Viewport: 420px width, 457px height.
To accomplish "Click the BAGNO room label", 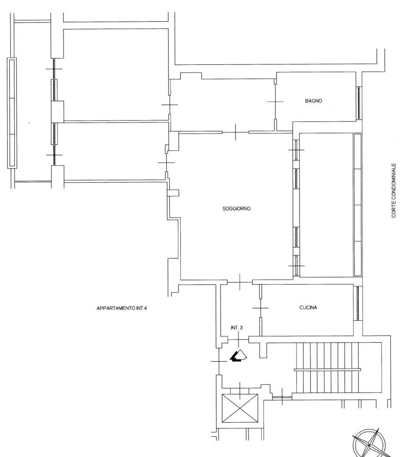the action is coord(313,101).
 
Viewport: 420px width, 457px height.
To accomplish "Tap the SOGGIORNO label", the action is coord(236,208).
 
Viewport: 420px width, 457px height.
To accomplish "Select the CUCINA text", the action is coord(308,307).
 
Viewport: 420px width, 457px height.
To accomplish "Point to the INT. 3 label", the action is coord(237,328).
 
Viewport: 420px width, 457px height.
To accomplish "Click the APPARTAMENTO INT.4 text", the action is coord(121,308).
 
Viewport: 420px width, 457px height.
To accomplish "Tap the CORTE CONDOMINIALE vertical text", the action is coord(394,190).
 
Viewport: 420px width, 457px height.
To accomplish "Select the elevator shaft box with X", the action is coord(240,408).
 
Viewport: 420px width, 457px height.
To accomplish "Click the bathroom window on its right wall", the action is coord(359,103).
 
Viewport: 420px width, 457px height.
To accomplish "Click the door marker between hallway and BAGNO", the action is coord(275,102).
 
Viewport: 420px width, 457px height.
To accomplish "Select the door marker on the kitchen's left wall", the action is coord(260,308).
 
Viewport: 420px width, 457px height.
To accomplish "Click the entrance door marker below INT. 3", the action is coord(239,339).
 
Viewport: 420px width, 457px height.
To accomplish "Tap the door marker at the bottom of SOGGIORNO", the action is coord(239,282).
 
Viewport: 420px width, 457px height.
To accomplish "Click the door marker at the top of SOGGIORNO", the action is coord(235,132).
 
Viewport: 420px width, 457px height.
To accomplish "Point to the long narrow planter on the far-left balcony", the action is coord(12,113).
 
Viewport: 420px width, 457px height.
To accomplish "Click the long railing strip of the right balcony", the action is coord(357,205).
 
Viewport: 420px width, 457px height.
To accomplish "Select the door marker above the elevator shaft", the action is coord(240,391).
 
